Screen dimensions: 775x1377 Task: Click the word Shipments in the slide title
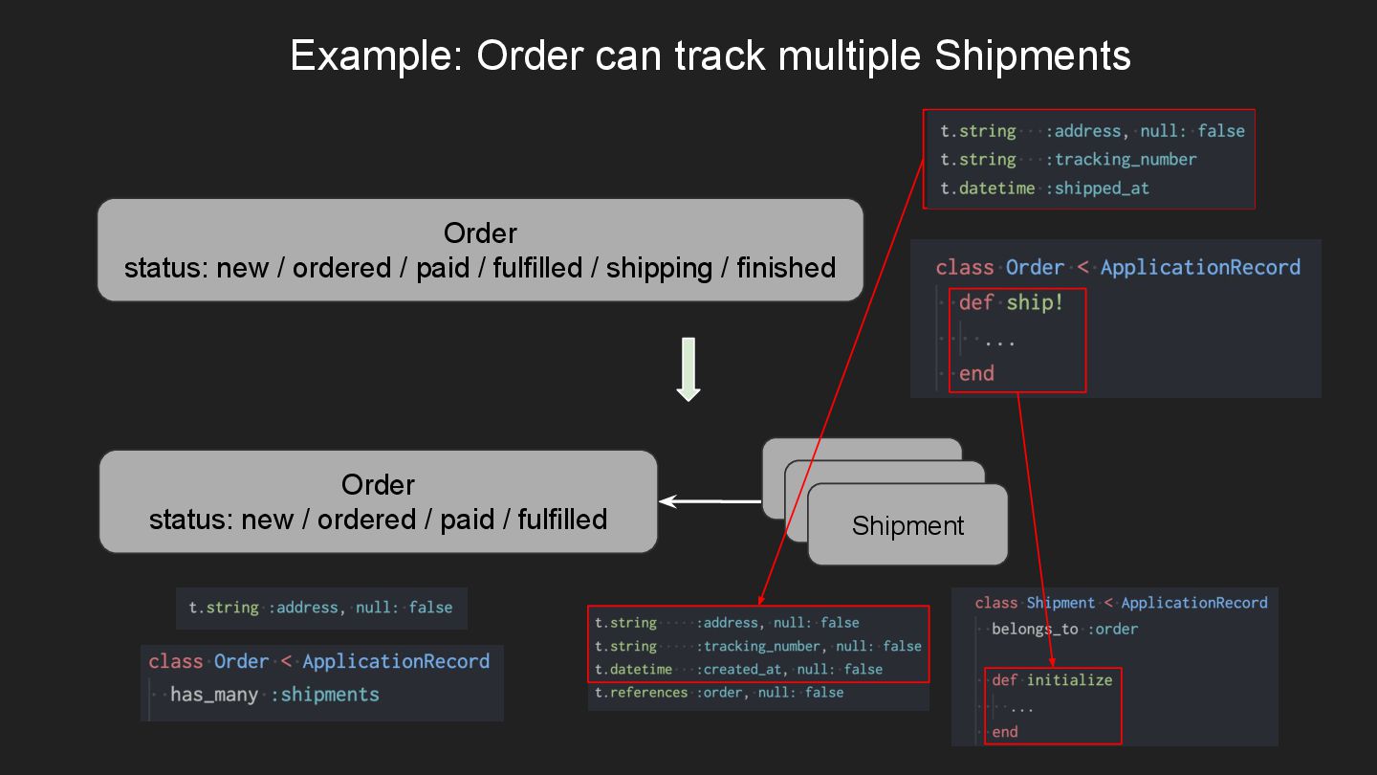tap(1033, 55)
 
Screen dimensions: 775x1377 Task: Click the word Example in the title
tap(369, 55)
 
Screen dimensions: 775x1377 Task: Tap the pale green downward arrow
tap(688, 368)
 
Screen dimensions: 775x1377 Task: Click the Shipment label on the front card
tap(907, 525)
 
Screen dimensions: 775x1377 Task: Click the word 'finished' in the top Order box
tap(785, 268)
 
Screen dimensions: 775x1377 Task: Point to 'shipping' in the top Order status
tap(659, 268)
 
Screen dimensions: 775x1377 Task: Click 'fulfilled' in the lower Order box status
tap(562, 520)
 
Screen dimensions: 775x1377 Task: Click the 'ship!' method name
tap(1035, 302)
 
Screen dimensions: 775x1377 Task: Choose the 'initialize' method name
tap(1069, 680)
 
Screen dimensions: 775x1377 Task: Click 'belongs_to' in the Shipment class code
tap(1035, 629)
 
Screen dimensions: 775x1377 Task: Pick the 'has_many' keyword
tap(214, 695)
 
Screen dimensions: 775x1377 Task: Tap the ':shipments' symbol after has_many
tap(325, 695)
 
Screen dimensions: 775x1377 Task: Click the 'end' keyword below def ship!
tap(976, 373)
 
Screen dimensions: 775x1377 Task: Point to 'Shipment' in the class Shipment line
tap(1060, 603)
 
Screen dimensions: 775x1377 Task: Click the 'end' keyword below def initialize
tap(1004, 732)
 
